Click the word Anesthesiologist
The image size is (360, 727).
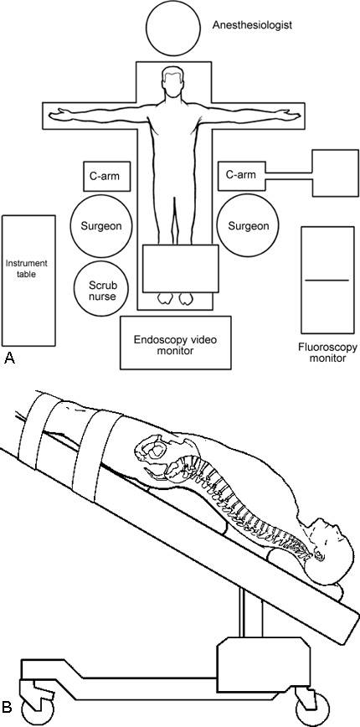coord(252,25)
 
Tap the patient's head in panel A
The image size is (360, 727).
coord(172,82)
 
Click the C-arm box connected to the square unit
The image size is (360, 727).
coord(241,176)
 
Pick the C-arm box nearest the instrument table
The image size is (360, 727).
coord(107,176)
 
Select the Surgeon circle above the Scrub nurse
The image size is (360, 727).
coord(101,226)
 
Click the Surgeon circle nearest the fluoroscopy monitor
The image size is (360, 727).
coord(249,226)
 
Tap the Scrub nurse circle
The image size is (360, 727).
coord(102,288)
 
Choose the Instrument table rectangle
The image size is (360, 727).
coord(28,281)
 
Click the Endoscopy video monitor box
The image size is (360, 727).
coord(176,343)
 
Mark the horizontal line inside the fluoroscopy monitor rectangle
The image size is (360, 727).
coord(327,280)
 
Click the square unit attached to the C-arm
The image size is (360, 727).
coord(336,173)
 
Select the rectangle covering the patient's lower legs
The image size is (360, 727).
coord(180,269)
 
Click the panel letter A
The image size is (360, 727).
coord(9,358)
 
